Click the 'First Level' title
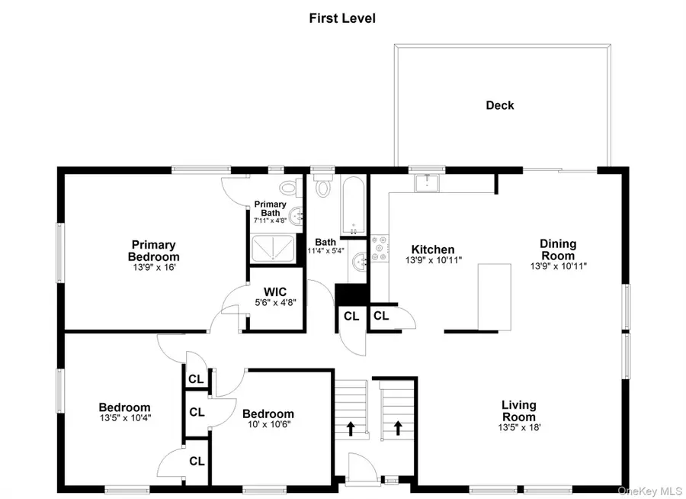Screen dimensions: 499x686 tap(342, 18)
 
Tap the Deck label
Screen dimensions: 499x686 tap(500, 105)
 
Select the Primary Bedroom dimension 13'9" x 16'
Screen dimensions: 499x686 tap(153, 268)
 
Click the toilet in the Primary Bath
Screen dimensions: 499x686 tap(288, 186)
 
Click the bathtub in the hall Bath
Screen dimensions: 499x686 tap(353, 205)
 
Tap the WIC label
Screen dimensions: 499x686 tap(275, 291)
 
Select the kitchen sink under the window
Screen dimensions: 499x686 tap(428, 182)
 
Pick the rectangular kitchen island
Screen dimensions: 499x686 tap(495, 296)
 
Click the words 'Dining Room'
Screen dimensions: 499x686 tap(559, 250)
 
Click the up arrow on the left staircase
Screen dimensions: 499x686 tap(351, 428)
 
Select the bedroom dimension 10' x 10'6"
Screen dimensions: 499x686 tap(268, 425)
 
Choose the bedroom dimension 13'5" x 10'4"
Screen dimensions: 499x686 tap(124, 418)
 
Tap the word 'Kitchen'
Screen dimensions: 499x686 tap(433, 250)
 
